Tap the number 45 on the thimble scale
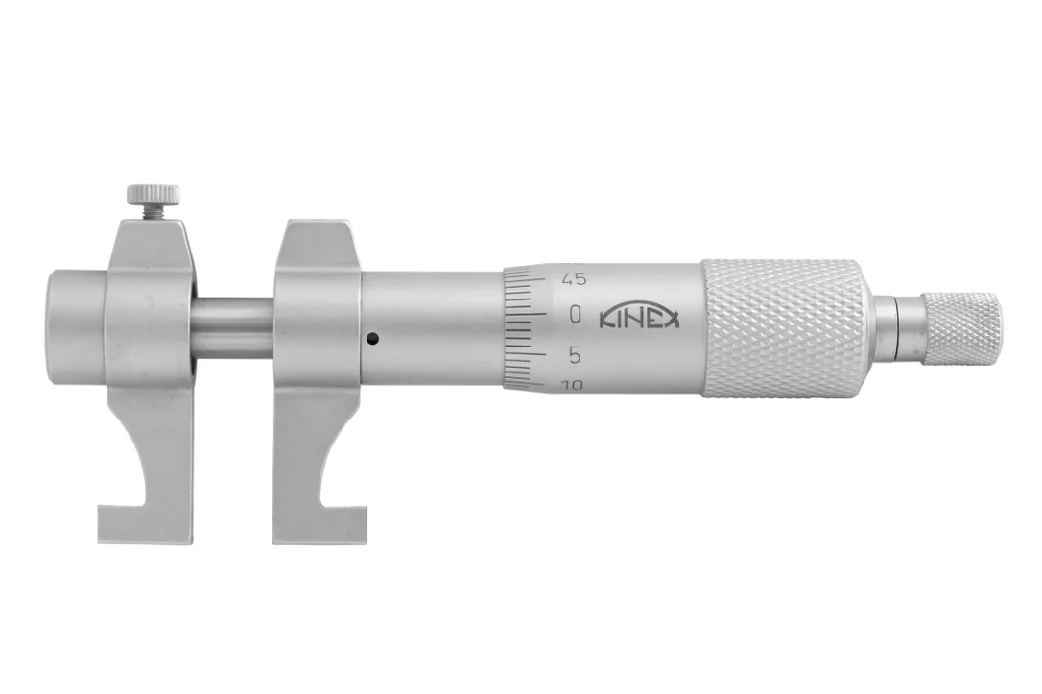tap(574, 279)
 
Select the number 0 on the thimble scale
tap(576, 315)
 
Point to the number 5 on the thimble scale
tap(576, 356)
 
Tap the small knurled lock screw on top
tap(153, 194)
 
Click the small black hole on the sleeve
tap(373, 339)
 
